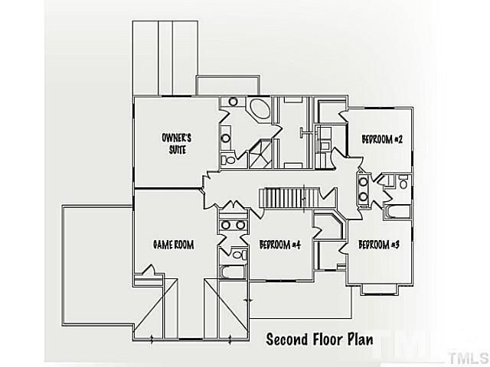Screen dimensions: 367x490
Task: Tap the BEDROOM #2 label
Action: click(382, 139)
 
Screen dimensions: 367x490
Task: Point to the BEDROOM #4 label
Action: click(279, 245)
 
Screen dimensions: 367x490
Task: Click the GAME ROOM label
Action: click(172, 245)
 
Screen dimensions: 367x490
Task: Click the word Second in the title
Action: click(288, 339)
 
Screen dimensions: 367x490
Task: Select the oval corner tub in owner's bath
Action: click(260, 109)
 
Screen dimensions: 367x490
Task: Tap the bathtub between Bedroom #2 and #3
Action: click(397, 210)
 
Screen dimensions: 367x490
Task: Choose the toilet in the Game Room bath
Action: click(238, 254)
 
